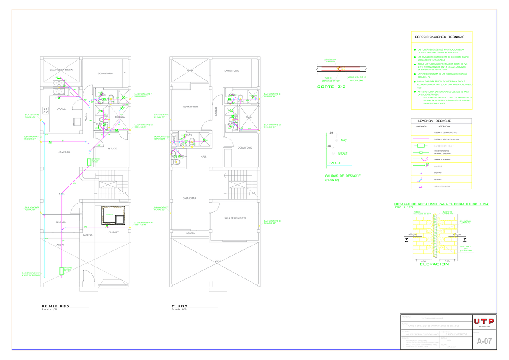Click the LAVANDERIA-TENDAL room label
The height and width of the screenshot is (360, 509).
62,70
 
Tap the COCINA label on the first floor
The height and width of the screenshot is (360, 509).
62,110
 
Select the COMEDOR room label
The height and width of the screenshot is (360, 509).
64,152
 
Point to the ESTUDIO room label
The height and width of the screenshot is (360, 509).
112,149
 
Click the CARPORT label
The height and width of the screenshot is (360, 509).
114,233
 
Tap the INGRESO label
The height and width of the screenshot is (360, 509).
88,235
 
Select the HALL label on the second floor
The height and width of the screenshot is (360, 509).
204,157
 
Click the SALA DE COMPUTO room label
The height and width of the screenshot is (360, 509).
235,218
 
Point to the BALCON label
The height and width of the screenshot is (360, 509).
191,233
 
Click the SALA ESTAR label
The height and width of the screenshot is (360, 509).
190,198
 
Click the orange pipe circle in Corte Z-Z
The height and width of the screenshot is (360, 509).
340,68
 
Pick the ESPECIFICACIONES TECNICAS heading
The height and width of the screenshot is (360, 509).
439,37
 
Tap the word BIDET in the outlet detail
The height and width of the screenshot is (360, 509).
343,153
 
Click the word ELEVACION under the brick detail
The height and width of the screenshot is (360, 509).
434,264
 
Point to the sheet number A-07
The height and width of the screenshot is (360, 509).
484,341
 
